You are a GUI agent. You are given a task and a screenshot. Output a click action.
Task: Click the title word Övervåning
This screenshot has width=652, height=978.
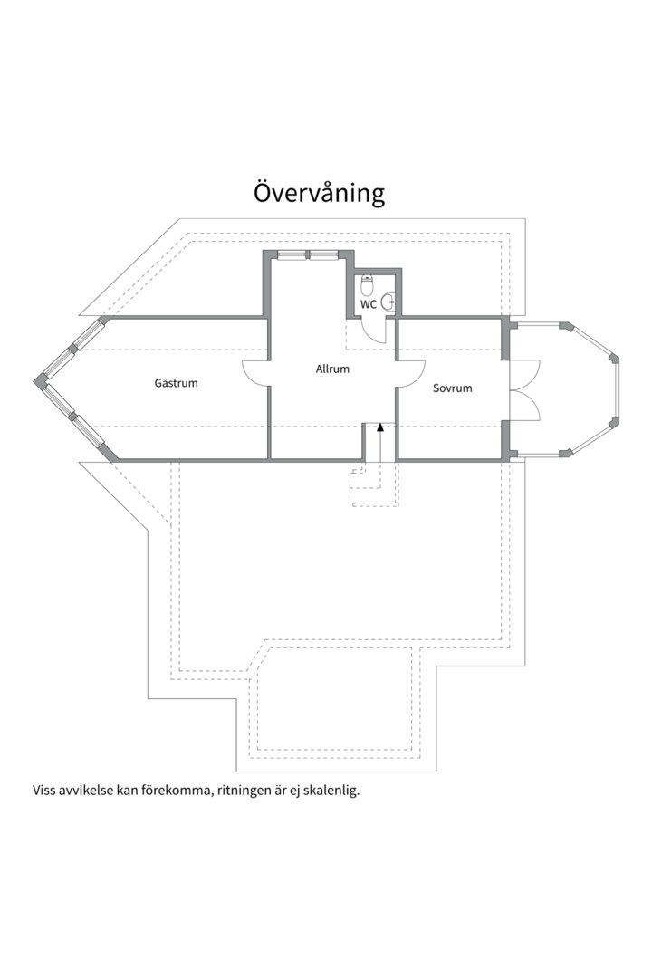[x=319, y=194]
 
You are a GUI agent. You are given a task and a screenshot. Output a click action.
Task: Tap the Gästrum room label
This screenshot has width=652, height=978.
[x=176, y=382]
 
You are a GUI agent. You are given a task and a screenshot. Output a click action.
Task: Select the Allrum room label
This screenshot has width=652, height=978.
[x=332, y=369]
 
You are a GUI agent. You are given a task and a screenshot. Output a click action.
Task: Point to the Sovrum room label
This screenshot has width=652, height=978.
[x=453, y=388]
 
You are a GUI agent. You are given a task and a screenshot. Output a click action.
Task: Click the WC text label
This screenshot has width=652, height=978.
[x=369, y=305]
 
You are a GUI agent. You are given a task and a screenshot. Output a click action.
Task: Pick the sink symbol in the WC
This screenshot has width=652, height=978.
[x=388, y=302]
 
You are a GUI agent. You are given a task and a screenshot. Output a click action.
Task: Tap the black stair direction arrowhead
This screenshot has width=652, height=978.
[x=380, y=427]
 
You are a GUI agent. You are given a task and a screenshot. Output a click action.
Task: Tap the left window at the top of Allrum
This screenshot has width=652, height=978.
[x=292, y=254]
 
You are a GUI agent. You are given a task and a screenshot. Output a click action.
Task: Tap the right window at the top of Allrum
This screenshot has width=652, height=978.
[x=323, y=254]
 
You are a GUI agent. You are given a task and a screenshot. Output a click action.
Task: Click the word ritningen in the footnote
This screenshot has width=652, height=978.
[x=244, y=791]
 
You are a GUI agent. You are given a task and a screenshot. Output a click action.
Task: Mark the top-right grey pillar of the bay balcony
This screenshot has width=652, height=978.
[x=566, y=327]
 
